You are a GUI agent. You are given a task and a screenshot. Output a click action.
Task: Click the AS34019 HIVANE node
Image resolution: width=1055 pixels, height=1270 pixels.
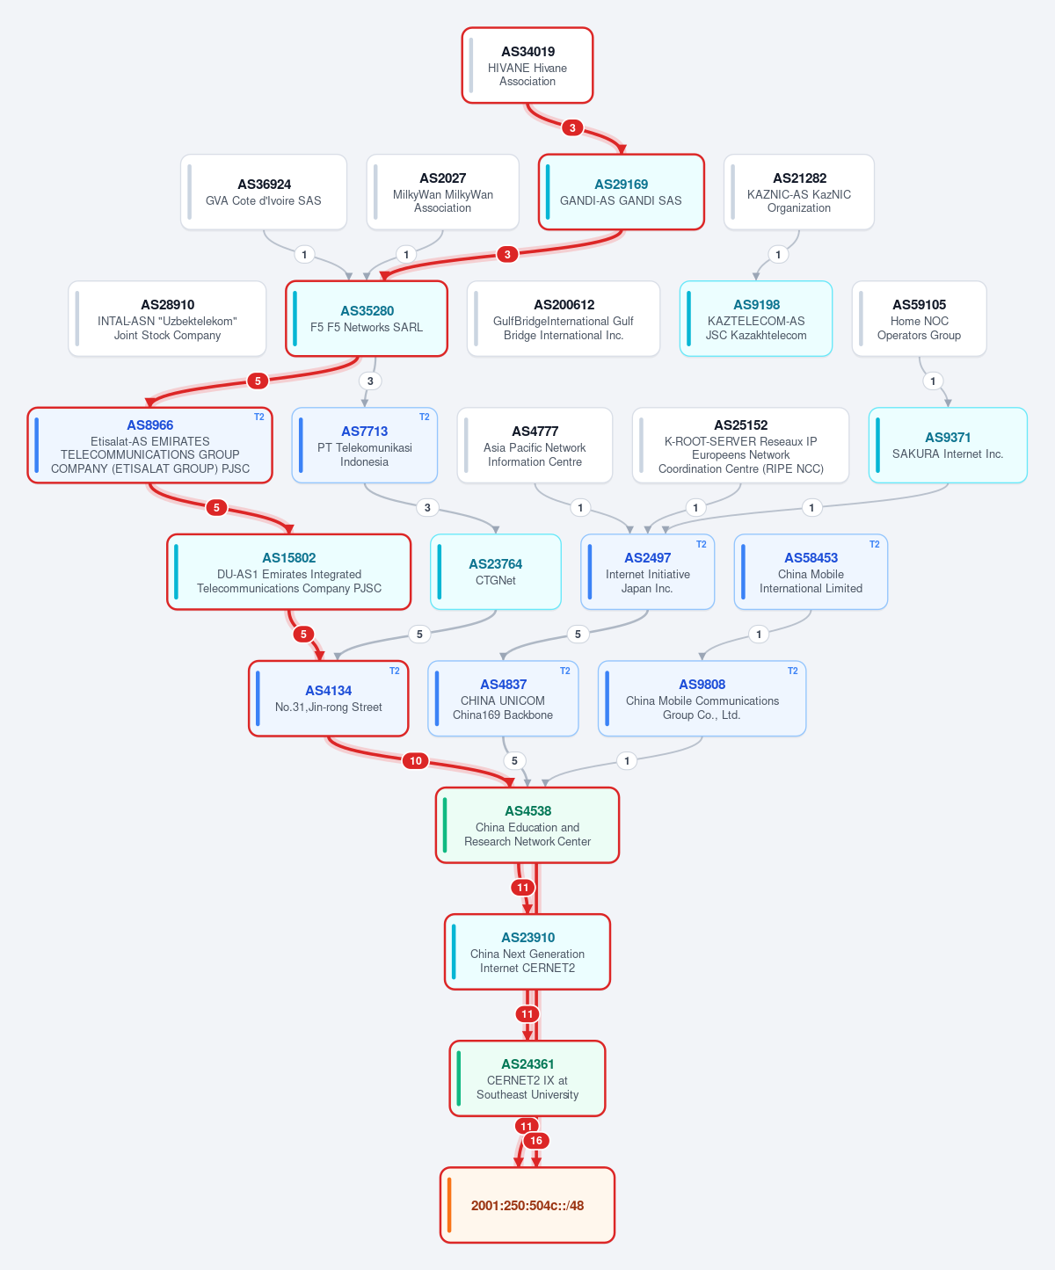(527, 65)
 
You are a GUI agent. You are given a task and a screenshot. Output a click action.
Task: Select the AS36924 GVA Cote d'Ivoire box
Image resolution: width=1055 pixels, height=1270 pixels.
(264, 192)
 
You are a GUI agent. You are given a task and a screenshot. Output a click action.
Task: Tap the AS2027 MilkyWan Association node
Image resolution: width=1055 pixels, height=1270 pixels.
(442, 192)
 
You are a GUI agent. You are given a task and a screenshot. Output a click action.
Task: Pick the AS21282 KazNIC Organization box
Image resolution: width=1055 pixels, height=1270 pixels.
(799, 192)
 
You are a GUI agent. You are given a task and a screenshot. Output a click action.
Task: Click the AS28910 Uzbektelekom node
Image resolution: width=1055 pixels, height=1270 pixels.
(167, 319)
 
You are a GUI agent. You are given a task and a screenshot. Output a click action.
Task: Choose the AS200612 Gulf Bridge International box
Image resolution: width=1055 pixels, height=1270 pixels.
(564, 319)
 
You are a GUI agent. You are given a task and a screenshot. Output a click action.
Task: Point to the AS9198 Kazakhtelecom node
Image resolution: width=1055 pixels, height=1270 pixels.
(756, 319)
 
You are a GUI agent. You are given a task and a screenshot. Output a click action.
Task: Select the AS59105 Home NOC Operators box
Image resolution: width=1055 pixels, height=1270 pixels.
(919, 319)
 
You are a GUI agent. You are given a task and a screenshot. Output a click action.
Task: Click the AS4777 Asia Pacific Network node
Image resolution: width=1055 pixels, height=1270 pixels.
(535, 446)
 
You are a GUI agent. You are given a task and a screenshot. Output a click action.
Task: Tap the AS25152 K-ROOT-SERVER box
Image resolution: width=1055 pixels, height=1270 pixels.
(740, 446)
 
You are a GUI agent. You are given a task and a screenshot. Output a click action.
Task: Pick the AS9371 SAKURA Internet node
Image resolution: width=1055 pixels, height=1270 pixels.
(948, 446)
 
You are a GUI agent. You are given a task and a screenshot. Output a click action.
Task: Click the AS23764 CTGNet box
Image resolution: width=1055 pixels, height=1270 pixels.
(495, 572)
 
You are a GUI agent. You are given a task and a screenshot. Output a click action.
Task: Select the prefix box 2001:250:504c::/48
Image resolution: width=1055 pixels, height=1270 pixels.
(527, 1205)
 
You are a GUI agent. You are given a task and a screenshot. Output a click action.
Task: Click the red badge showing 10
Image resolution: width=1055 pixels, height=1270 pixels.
(416, 760)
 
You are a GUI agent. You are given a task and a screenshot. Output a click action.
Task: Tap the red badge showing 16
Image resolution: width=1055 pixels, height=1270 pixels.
(536, 1141)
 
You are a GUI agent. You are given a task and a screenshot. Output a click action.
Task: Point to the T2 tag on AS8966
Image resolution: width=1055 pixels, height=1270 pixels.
(259, 417)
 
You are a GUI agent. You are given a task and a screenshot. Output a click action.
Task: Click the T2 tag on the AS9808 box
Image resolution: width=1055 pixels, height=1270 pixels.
(793, 671)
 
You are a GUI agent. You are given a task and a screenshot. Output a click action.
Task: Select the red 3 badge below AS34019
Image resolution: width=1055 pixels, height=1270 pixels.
(572, 127)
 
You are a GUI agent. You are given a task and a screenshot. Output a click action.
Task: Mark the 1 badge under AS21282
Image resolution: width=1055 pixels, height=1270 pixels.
(778, 254)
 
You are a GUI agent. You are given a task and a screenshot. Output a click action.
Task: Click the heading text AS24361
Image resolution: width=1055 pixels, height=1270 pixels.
(527, 1063)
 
